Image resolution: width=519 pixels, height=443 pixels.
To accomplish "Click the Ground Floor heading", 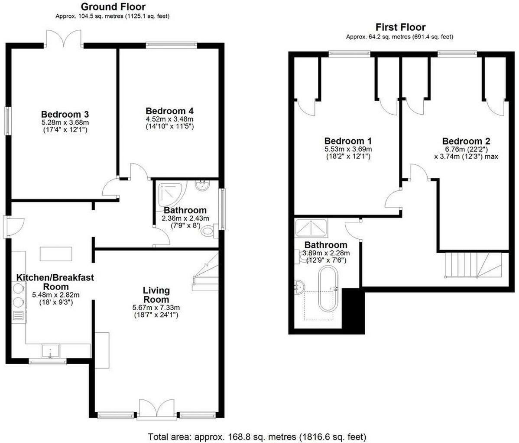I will click(113, 6).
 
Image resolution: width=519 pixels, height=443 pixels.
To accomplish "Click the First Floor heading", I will click(400, 27).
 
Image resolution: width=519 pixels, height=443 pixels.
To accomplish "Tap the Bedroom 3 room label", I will click(65, 114).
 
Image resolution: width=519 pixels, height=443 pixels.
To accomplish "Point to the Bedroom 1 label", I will click(348, 141).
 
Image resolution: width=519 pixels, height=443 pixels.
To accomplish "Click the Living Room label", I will click(156, 295).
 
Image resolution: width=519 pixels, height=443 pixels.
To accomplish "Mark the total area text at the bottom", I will click(257, 436).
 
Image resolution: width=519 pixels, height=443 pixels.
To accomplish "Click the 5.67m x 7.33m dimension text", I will click(156, 308).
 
